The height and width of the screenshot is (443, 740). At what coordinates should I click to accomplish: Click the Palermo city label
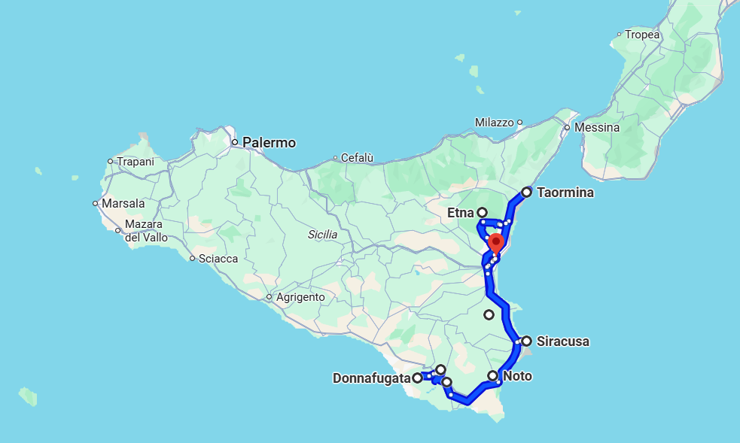pyautogui.click(x=269, y=143)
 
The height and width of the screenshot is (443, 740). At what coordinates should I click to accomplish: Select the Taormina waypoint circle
pyautogui.click(x=527, y=193)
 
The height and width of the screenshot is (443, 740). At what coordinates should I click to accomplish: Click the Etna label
pyautogui.click(x=461, y=213)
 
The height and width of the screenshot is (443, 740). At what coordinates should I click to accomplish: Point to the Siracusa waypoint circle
pyautogui.click(x=526, y=341)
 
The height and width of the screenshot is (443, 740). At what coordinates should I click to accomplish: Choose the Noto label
pyautogui.click(x=517, y=376)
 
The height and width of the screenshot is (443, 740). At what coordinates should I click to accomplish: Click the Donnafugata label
pyautogui.click(x=372, y=378)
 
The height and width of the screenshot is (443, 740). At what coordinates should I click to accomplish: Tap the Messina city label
pyautogui.click(x=597, y=128)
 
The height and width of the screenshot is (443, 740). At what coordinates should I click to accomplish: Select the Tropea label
pyautogui.click(x=642, y=35)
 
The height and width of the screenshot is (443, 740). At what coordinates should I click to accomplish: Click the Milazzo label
pyautogui.click(x=494, y=123)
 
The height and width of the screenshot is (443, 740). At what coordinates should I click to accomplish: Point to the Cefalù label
pyautogui.click(x=358, y=158)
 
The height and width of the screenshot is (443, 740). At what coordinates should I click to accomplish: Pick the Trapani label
pyautogui.click(x=135, y=161)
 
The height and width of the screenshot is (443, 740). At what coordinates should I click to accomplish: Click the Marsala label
pyautogui.click(x=123, y=203)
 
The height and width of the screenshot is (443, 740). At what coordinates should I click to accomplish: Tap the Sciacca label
pyautogui.click(x=218, y=259)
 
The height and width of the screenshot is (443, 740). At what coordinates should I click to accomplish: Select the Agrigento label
pyautogui.click(x=300, y=297)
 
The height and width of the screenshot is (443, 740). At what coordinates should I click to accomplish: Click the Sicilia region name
pyautogui.click(x=323, y=235)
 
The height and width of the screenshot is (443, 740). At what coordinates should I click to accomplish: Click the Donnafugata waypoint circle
pyautogui.click(x=417, y=378)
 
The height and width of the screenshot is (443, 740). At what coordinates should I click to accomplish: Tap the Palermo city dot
pyautogui.click(x=235, y=142)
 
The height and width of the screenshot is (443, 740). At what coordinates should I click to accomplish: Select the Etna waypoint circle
pyautogui.click(x=482, y=213)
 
